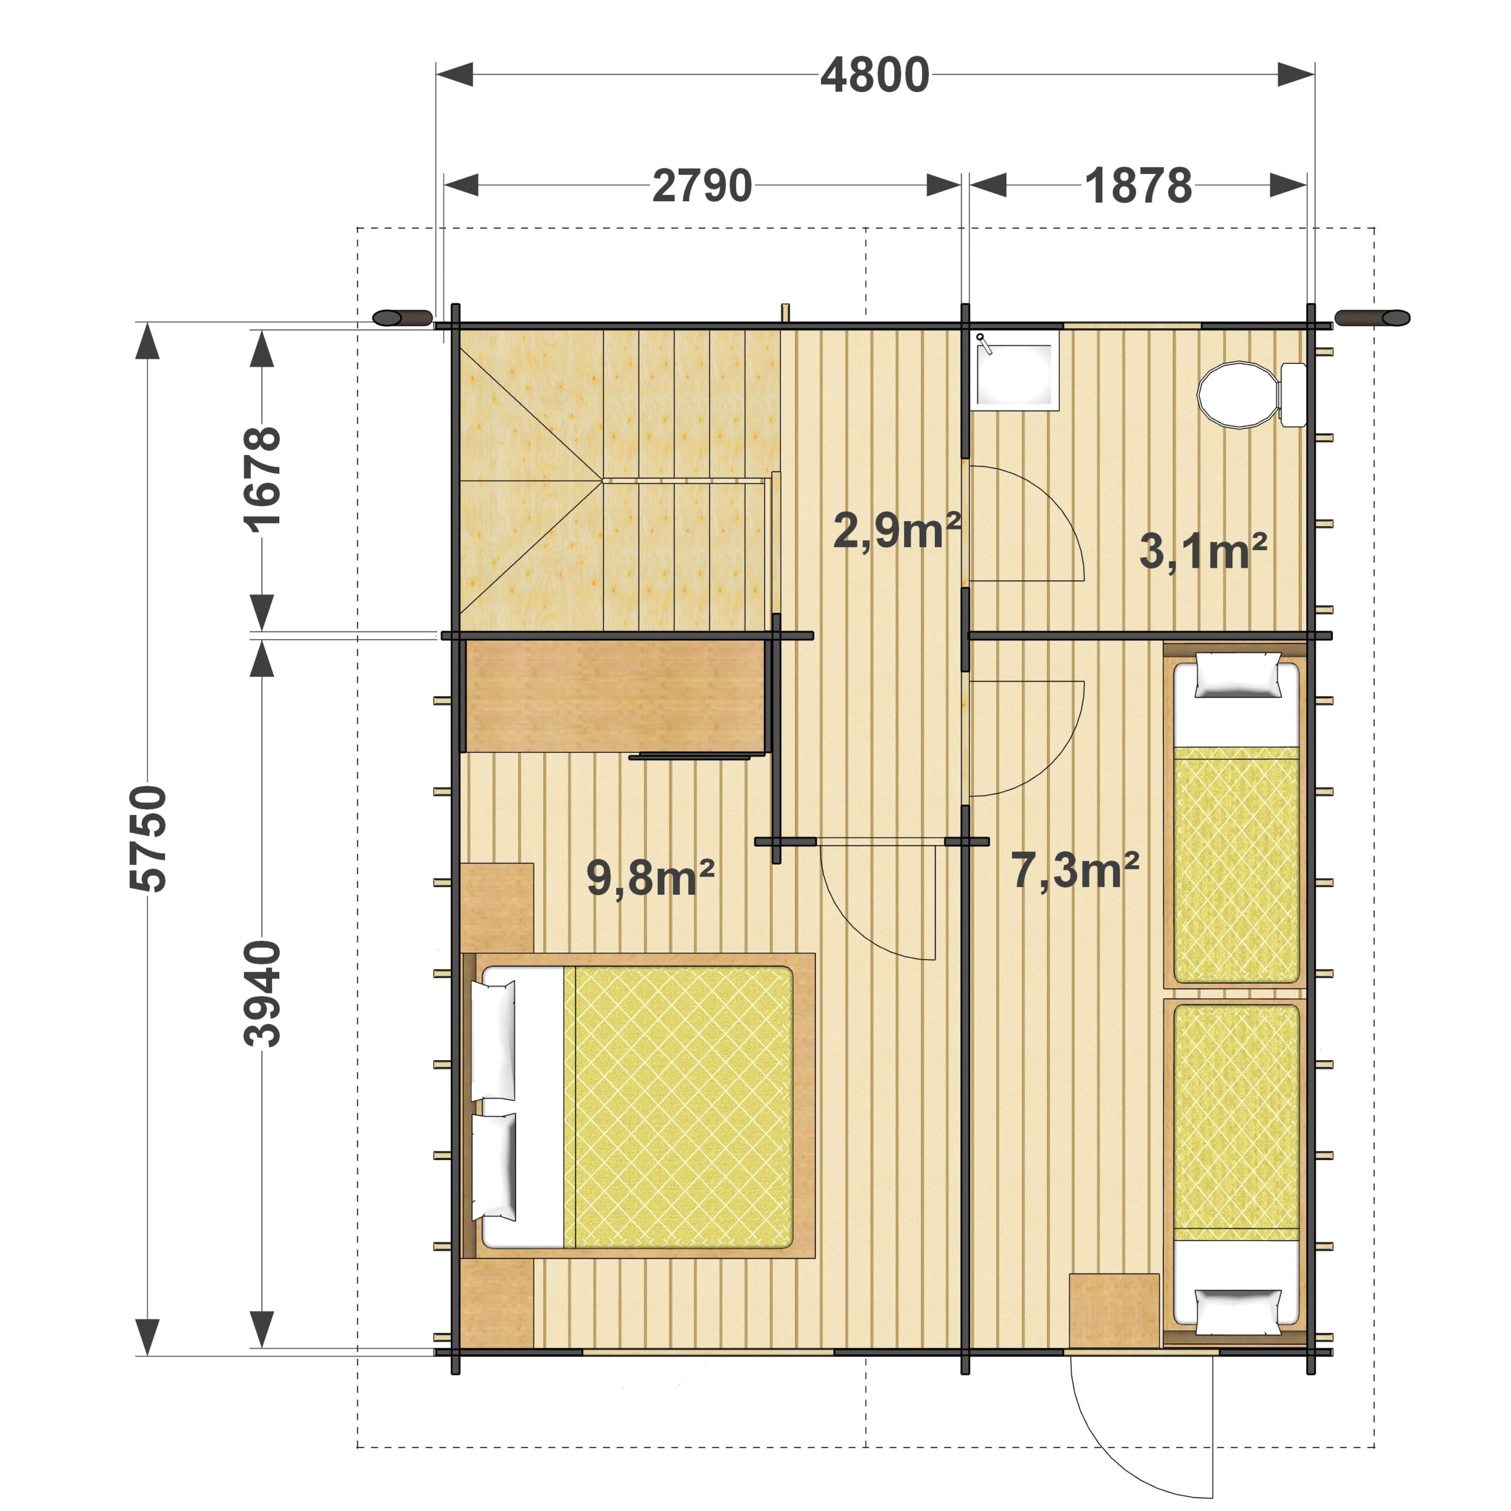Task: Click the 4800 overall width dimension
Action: pyautogui.click(x=874, y=76)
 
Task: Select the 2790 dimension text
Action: pyautogui.click(x=702, y=186)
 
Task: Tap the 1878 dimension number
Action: pyautogui.click(x=1138, y=186)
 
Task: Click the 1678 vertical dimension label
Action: pyautogui.click(x=262, y=479)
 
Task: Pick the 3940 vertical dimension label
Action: pyautogui.click(x=262, y=993)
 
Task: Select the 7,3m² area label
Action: pyautogui.click(x=1075, y=869)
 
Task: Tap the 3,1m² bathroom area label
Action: pyautogui.click(x=1203, y=551)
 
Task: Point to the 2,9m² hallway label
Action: pyautogui.click(x=897, y=529)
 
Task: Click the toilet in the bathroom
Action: pyautogui.click(x=1252, y=394)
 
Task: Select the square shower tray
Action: pyautogui.click(x=1015, y=370)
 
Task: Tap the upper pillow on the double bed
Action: pyautogui.click(x=493, y=1040)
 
